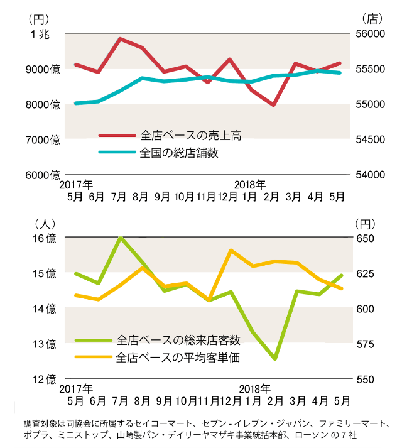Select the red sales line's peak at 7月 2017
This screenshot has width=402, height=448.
click(120, 39)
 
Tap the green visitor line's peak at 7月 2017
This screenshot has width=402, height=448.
click(120, 238)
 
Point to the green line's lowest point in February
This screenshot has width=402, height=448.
click(274, 359)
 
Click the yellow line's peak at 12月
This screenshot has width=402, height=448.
click(231, 250)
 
